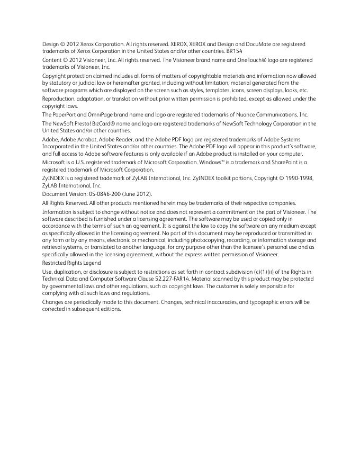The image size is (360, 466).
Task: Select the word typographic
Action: (229, 302)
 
